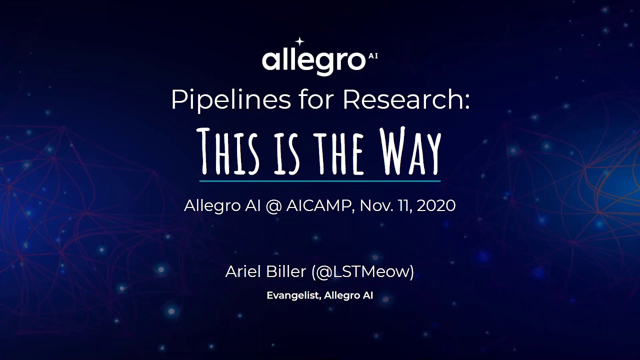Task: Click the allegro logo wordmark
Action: (x=313, y=61)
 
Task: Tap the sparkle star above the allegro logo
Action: (x=300, y=41)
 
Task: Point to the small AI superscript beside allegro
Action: (x=373, y=56)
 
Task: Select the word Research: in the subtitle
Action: (x=406, y=100)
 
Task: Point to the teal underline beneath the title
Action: (x=320, y=180)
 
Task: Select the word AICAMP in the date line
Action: (x=317, y=205)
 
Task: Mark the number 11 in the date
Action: (x=403, y=205)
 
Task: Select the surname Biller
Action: (x=284, y=272)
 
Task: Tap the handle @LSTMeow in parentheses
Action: (x=362, y=272)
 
